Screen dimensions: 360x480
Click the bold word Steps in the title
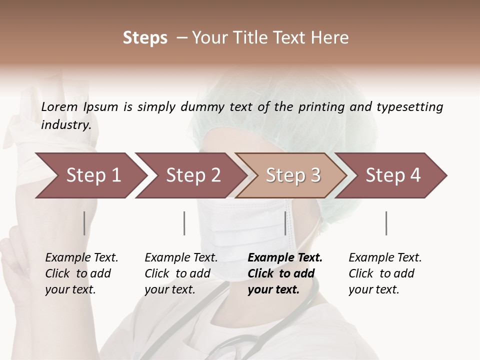pos(145,38)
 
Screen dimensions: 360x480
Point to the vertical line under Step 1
pos(84,223)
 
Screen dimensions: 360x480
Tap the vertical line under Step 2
pos(184,223)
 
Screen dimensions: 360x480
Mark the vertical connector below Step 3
pos(285,223)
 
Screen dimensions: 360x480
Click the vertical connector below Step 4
pos(386,223)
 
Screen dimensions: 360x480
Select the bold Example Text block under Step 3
pos(284,273)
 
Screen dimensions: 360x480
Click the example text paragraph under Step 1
pos(81,273)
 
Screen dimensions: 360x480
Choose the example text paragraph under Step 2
pos(181,273)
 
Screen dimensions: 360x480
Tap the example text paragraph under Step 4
pos(385,273)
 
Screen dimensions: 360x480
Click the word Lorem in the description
pos(59,106)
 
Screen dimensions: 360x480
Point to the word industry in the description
pos(65,125)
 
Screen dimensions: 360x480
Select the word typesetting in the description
pos(409,106)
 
